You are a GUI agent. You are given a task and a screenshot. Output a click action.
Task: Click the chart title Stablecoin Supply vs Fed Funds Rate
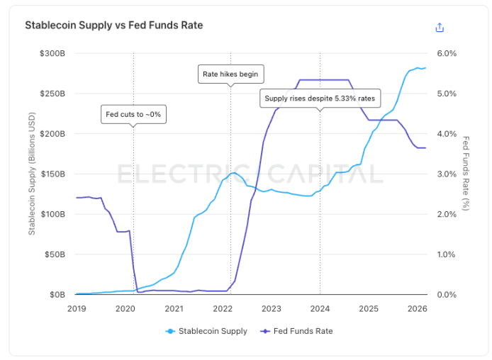tap(114, 26)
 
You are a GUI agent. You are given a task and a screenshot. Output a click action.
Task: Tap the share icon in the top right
tap(440, 27)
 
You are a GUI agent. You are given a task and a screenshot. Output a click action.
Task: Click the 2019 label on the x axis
tap(77, 308)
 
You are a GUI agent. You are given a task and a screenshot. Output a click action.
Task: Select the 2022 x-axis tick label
tap(223, 308)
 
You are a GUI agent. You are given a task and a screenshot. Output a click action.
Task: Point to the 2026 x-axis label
tap(418, 308)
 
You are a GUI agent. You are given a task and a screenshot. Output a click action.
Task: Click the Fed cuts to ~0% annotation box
tap(133, 115)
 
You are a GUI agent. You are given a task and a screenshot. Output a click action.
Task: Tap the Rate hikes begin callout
tap(230, 74)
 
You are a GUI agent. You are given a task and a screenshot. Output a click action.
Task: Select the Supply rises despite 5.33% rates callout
tap(320, 99)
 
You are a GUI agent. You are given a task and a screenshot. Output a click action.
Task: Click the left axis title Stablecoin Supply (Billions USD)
tap(32, 174)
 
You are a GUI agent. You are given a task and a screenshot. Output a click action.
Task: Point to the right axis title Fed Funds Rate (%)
tap(466, 174)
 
